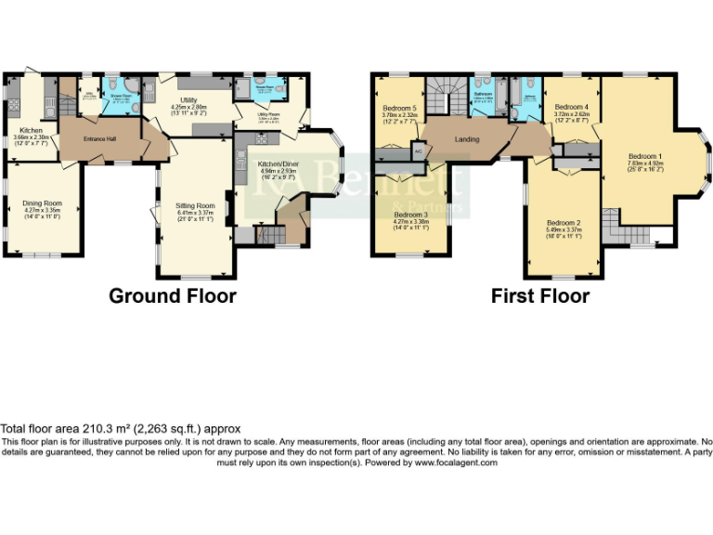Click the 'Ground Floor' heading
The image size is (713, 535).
tap(172, 296)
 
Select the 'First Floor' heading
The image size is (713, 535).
tap(540, 296)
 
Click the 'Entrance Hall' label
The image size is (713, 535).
tap(99, 138)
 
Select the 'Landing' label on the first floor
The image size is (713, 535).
tap(467, 139)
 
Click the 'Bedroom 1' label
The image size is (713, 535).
tap(645, 156)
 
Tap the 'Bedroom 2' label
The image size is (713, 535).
tap(564, 223)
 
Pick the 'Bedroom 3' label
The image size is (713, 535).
tap(411, 214)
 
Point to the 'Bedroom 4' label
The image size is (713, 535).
tap(572, 107)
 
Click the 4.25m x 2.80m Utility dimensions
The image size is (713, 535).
tap(188, 108)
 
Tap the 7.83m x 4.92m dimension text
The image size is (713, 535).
tap(645, 164)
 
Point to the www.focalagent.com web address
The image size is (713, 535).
tap(457, 463)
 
